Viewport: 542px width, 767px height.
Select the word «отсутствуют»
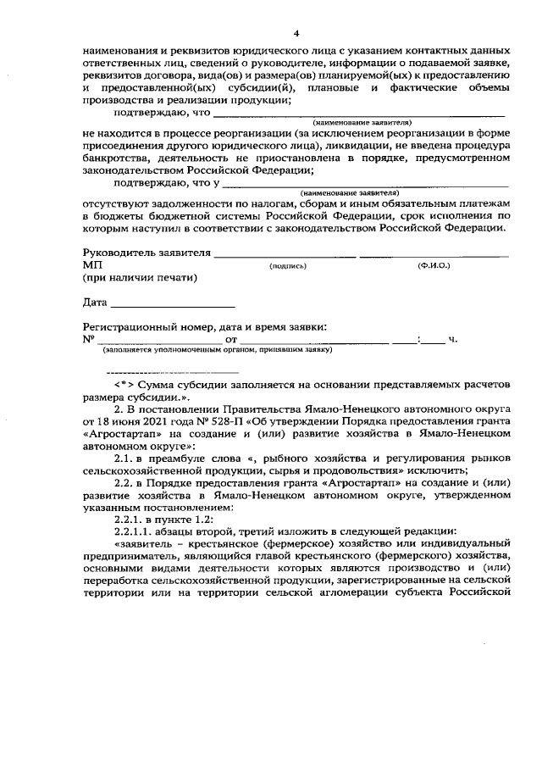118,204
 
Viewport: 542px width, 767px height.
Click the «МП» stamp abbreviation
91,265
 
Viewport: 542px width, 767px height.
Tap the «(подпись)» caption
287,266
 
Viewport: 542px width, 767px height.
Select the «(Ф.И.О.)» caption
434,266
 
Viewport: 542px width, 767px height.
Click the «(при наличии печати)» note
139,278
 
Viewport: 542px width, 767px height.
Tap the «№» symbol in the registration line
88,339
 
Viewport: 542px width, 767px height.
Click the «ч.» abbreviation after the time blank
453,340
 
